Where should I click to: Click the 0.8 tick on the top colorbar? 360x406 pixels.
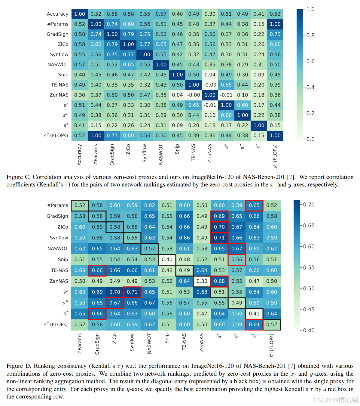(310, 35)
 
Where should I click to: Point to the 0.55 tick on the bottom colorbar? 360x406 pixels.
(309, 267)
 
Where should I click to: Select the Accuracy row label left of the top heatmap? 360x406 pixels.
(57, 14)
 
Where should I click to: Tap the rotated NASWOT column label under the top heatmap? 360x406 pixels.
(160, 154)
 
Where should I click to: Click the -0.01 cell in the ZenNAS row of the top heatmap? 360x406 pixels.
(226, 95)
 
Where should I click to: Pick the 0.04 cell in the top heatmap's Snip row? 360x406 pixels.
(210, 75)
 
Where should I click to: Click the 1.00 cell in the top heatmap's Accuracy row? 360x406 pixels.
(80, 14)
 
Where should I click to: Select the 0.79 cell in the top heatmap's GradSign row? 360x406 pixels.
(128, 34)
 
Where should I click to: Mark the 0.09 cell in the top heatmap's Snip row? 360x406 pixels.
(259, 75)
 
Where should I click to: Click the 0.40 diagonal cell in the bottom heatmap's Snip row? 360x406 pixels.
(167, 260)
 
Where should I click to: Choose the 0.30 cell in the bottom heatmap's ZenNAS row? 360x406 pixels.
(202, 281)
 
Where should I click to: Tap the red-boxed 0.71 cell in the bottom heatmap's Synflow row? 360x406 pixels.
(219, 238)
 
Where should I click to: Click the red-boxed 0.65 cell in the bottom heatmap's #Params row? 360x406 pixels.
(254, 205)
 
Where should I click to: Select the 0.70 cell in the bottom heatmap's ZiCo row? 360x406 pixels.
(219, 227)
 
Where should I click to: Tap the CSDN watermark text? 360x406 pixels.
(336, 400)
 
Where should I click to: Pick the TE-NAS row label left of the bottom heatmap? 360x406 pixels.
(59, 270)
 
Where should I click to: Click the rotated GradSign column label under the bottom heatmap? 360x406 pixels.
(97, 344)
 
